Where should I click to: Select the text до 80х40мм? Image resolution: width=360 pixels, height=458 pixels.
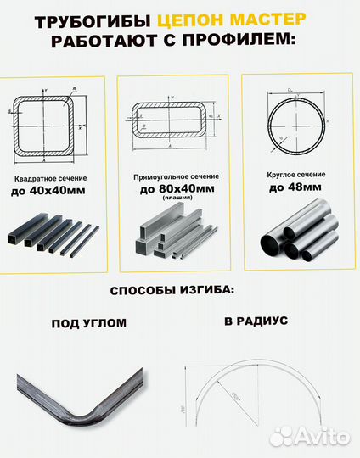(173, 189)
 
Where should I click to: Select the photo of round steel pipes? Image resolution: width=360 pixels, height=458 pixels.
(297, 231)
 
